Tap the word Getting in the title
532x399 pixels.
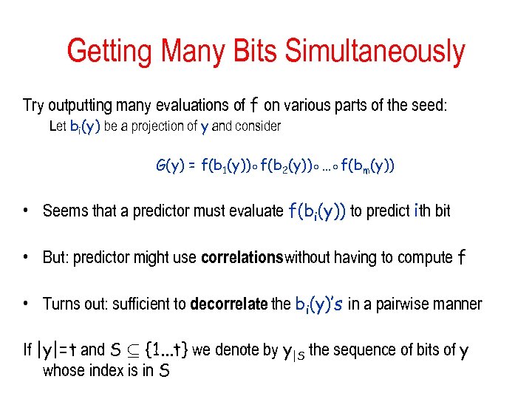pyautogui.click(x=111, y=52)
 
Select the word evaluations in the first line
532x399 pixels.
pyautogui.click(x=200, y=106)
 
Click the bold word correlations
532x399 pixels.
pyautogui.click(x=242, y=258)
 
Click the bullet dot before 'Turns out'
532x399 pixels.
pyautogui.click(x=26, y=304)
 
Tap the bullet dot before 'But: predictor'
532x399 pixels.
pyautogui.click(x=26, y=258)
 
